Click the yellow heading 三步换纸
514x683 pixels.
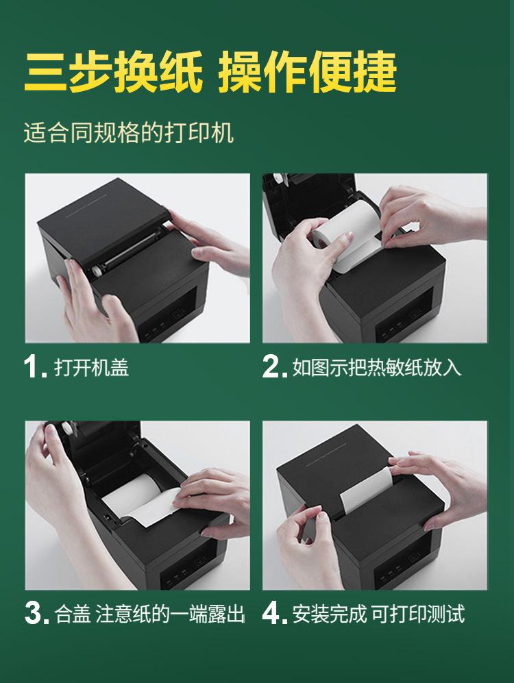pyautogui.click(x=113, y=71)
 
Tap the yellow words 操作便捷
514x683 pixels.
pyautogui.click(x=307, y=71)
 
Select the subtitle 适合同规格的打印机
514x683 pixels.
pyautogui.click(x=129, y=132)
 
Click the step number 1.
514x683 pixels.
pyautogui.click(x=34, y=367)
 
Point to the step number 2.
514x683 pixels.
pyautogui.click(x=274, y=367)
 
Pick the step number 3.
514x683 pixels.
pyautogui.click(x=36, y=613)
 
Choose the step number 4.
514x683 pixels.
pyautogui.click(x=274, y=613)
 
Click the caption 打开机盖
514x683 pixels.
pyautogui.click(x=91, y=367)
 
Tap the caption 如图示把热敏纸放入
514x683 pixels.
pyautogui.click(x=377, y=367)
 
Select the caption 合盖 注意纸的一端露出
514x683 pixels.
pyautogui.click(x=149, y=614)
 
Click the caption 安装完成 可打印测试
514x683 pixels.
pyautogui.click(x=378, y=614)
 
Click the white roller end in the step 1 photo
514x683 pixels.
pyautogui.click(x=97, y=271)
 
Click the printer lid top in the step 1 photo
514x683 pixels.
pyautogui.click(x=105, y=218)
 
